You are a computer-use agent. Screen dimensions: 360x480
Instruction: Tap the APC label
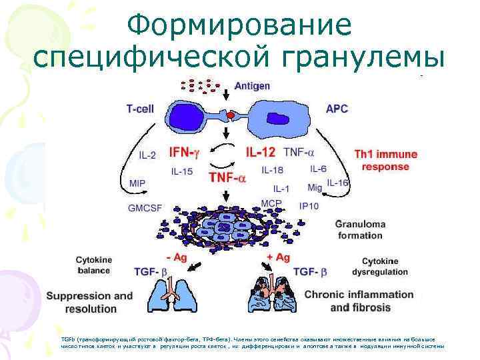coord(336,107)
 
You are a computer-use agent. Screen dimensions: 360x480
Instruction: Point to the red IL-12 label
coord(261,152)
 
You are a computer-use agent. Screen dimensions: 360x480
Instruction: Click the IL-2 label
coord(147,155)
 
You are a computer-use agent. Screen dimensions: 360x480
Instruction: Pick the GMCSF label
coord(146,207)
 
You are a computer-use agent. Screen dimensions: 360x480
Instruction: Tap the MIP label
coord(138,182)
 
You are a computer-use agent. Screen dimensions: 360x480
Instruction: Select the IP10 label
coord(309,206)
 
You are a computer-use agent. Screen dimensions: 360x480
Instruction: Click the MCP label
coord(271,203)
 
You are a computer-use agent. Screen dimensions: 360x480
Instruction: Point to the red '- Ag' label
coord(177,257)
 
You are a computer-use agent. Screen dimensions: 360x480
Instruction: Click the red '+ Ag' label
coord(278,257)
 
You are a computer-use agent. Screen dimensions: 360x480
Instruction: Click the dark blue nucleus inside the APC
coord(278,119)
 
